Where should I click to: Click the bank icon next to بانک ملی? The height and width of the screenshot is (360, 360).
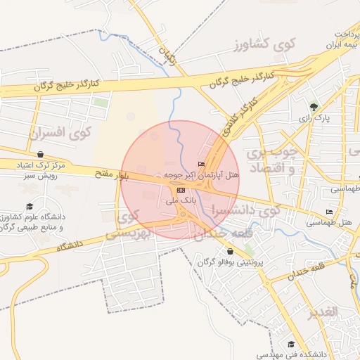[x=181, y=190]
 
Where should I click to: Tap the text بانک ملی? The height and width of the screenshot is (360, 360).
[x=178, y=201]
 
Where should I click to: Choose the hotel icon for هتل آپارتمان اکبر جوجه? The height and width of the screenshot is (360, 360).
[x=202, y=164]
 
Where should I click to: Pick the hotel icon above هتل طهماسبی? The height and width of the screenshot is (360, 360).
[x=328, y=212]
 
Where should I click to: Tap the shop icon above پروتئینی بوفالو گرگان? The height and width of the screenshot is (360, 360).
[x=230, y=251]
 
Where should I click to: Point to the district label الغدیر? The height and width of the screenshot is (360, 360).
[x=322, y=311]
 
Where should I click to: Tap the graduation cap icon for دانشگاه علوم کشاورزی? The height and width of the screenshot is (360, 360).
[x=30, y=206]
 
